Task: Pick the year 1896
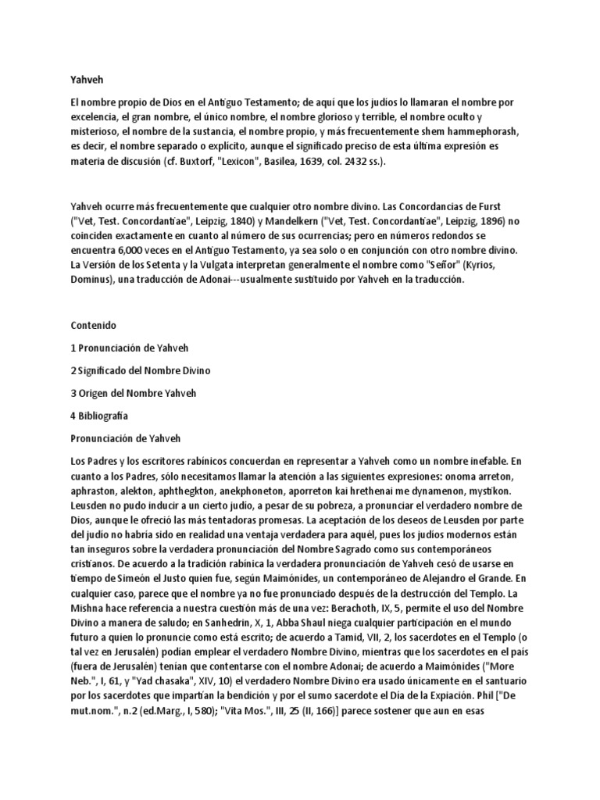493,221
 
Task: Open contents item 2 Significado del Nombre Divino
141,370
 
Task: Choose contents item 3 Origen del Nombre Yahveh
134,392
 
